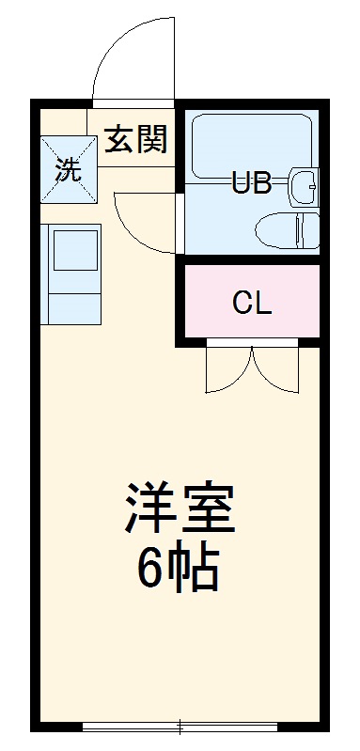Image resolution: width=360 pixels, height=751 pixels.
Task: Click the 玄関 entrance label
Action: (x=135, y=140)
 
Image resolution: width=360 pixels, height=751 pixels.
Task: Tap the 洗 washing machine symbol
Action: (x=68, y=169)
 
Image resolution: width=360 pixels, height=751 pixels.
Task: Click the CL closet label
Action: (x=252, y=303)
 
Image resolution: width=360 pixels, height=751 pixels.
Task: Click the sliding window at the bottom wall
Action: (x=180, y=727)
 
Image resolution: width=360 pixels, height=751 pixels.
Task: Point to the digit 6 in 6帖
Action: (x=152, y=567)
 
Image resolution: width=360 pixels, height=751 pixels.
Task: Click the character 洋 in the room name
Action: (x=147, y=509)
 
